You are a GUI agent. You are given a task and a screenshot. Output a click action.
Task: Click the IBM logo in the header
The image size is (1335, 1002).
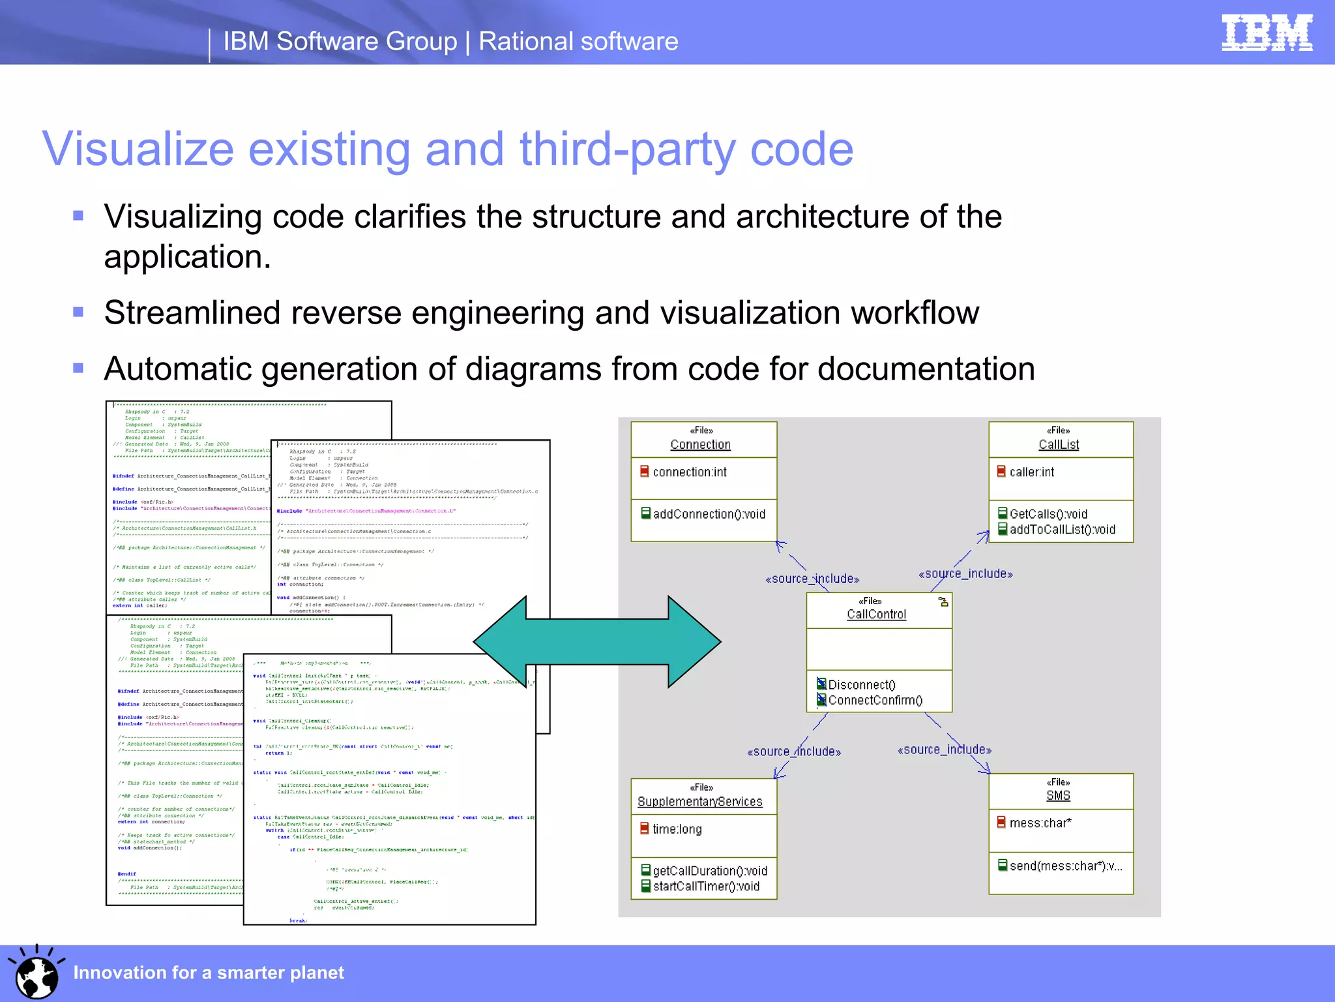[1267, 33]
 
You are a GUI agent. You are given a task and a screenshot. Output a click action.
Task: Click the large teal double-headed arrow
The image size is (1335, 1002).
[596, 642]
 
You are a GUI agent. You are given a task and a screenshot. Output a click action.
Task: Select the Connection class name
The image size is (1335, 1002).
[700, 445]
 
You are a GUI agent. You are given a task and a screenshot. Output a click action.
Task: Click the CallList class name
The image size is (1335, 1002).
[1059, 445]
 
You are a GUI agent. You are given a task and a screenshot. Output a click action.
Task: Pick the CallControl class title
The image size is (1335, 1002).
[876, 615]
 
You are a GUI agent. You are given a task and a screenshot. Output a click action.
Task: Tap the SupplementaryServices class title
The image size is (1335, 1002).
[699, 802]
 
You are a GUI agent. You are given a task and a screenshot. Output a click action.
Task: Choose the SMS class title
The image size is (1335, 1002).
[1058, 796]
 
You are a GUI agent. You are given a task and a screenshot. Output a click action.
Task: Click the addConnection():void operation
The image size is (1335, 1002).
[709, 515]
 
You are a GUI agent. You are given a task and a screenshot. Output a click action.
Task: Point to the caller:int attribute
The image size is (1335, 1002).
[1031, 472]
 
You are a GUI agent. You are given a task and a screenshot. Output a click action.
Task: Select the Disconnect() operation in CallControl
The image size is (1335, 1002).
[861, 685]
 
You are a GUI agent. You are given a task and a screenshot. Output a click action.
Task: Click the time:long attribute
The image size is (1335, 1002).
[677, 830]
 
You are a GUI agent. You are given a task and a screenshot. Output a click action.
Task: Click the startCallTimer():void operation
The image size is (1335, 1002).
[706, 887]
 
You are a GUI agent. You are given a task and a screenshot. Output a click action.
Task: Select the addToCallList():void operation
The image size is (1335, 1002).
[1062, 530]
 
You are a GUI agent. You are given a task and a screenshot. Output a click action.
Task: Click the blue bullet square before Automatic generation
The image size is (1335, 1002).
[78, 368]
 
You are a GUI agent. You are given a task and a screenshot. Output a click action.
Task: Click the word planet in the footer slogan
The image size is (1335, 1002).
[316, 973]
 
